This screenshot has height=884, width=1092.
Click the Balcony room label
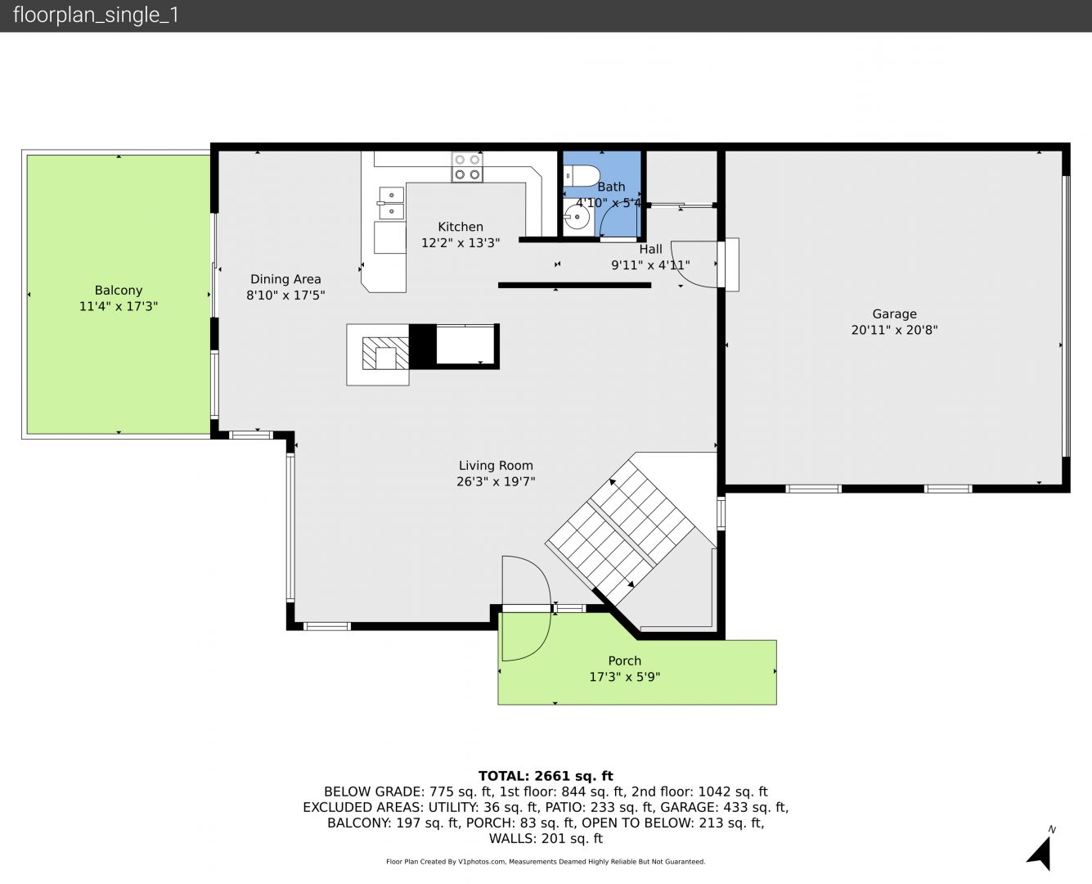click(119, 291)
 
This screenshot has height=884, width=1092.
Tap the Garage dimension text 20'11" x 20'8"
click(894, 330)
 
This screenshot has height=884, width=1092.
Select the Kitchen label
click(461, 227)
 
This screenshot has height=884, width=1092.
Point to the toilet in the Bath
click(582, 175)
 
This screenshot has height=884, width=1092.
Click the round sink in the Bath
click(577, 218)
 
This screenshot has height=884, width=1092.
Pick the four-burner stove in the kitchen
click(467, 167)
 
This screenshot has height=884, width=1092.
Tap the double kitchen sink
click(391, 203)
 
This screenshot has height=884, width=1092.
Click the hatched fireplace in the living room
click(385, 353)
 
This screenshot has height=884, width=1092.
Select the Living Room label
click(496, 466)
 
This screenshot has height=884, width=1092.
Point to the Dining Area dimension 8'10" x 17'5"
click(285, 295)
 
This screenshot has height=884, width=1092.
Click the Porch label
click(624, 661)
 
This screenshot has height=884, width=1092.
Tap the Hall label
click(650, 250)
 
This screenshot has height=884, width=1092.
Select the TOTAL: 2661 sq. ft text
click(546, 776)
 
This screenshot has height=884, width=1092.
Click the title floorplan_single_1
click(96, 16)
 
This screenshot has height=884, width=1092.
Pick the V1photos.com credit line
click(546, 861)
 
